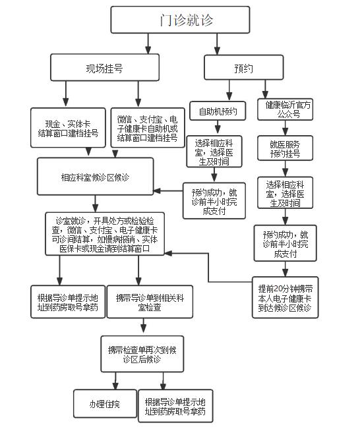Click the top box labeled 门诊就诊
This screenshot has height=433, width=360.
(x=180, y=20)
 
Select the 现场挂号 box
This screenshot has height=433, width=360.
(x=105, y=67)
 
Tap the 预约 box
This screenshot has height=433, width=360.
(x=244, y=67)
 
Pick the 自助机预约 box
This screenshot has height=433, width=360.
(x=218, y=111)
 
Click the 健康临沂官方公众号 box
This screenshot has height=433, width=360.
(x=285, y=109)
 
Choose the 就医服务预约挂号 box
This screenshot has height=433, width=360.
(x=285, y=148)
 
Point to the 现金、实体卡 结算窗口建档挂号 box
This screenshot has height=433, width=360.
(x=68, y=128)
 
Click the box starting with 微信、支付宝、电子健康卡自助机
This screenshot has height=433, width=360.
(x=148, y=128)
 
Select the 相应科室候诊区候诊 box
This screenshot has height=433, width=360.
(x=96, y=177)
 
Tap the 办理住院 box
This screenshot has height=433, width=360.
(x=105, y=403)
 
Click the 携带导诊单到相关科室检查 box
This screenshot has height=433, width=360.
(x=150, y=302)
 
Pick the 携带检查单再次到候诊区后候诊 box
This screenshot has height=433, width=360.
(x=142, y=354)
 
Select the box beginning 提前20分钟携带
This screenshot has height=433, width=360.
(x=285, y=297)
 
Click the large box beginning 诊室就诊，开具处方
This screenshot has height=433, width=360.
(x=105, y=234)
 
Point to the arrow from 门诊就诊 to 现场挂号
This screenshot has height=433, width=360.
(x=148, y=43)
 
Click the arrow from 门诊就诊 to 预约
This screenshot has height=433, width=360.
(x=217, y=44)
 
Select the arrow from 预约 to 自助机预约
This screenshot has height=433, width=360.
(x=229, y=90)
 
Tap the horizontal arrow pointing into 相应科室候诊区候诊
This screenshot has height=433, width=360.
(x=168, y=191)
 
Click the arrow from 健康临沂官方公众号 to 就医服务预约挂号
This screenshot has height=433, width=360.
(x=285, y=128)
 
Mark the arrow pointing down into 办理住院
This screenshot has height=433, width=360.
(x=115, y=381)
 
